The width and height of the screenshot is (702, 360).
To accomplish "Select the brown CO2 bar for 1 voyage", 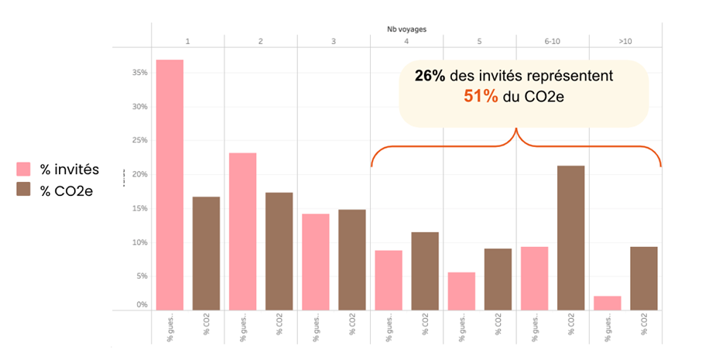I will pyautogui.click(x=206, y=253).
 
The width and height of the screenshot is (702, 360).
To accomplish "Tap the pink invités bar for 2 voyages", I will pyautogui.click(x=242, y=231).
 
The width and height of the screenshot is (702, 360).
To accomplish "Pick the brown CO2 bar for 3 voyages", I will pyautogui.click(x=352, y=259).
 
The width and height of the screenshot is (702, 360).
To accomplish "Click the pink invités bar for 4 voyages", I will pyautogui.click(x=389, y=279).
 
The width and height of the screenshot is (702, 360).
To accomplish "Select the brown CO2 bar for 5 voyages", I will pyautogui.click(x=498, y=279).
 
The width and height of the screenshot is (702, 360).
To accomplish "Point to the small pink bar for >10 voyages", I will pyautogui.click(x=607, y=302).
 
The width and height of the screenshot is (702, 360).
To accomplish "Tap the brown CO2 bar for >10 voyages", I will pyautogui.click(x=643, y=278).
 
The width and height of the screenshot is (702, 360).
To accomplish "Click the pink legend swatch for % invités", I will pyautogui.click(x=24, y=169).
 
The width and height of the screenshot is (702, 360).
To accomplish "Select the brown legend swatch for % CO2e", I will pyautogui.click(x=24, y=190).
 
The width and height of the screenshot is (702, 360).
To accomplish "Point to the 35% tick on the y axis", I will pyautogui.click(x=139, y=73).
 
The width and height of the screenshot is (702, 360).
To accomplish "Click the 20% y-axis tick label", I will pyautogui.click(x=139, y=174).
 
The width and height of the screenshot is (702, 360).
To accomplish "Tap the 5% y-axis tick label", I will pyautogui.click(x=141, y=276).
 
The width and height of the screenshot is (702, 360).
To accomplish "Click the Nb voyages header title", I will pyautogui.click(x=407, y=29).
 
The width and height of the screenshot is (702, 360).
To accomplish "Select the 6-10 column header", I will pyautogui.click(x=552, y=41).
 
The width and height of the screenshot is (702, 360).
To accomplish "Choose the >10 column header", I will pyautogui.click(x=625, y=41).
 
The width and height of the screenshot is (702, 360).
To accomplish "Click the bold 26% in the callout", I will pyautogui.click(x=430, y=77).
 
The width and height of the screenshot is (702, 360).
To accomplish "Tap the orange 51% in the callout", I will pyautogui.click(x=480, y=98).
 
